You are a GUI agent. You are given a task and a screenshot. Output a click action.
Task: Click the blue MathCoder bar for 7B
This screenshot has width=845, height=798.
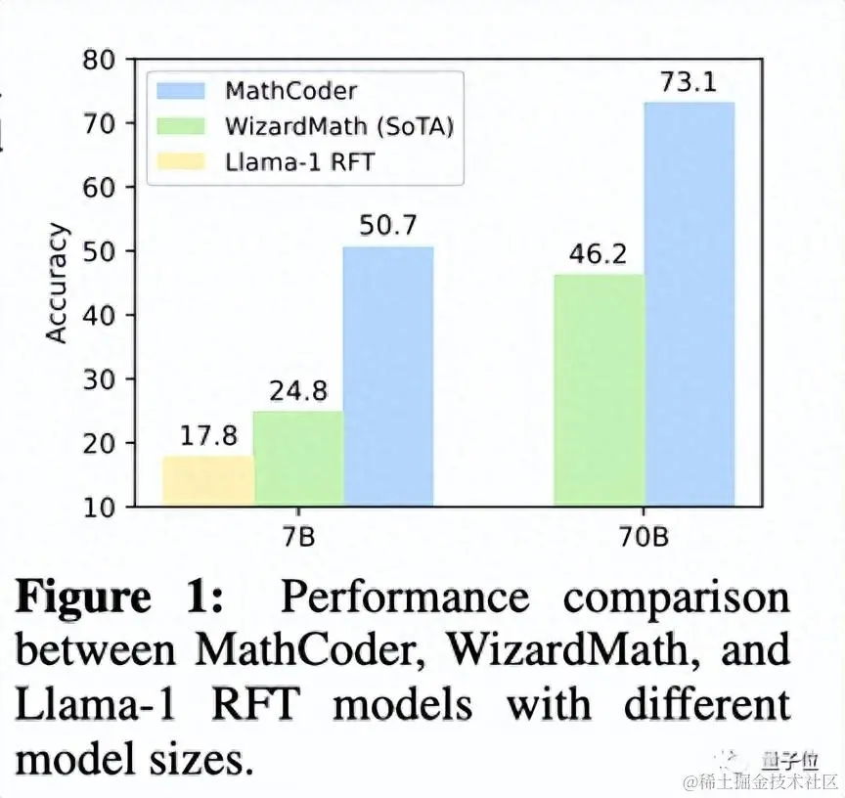(x=388, y=377)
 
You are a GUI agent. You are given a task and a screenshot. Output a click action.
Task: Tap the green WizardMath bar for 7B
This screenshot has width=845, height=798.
(x=298, y=459)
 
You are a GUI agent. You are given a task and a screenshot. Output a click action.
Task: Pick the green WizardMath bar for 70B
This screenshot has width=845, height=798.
(x=599, y=390)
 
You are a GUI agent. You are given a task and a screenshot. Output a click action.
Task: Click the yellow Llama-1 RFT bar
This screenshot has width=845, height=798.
(x=207, y=481)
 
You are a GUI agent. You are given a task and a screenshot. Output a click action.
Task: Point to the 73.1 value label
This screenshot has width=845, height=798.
(x=688, y=83)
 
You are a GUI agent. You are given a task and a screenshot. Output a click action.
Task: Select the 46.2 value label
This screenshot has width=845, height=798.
(x=599, y=256)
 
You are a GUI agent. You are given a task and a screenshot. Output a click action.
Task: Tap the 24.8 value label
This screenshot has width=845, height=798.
(x=298, y=393)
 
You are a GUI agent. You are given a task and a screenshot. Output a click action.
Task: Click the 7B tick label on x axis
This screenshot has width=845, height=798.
(x=298, y=537)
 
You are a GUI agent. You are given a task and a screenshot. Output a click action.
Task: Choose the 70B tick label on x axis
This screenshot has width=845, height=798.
(x=644, y=537)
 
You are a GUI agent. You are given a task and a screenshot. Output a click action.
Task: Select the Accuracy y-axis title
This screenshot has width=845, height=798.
(x=59, y=284)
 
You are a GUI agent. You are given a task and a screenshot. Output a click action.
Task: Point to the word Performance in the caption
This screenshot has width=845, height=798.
(x=405, y=598)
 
